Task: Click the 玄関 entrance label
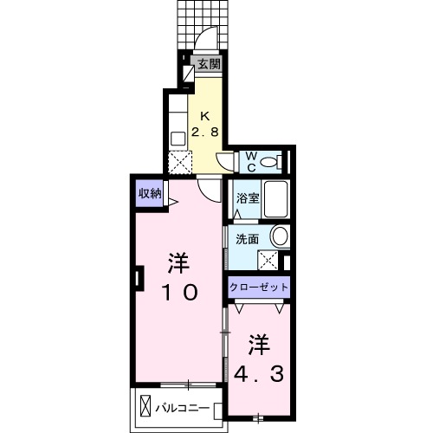[x=207, y=63]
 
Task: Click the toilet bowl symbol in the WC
[x=270, y=160]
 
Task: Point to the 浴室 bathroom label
[x=247, y=197]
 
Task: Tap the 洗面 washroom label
[x=247, y=238]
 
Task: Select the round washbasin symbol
[x=279, y=236]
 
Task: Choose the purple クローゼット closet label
[x=259, y=287]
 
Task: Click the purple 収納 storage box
[x=149, y=194]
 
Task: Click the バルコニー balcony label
[x=185, y=404]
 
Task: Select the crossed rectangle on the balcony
[x=145, y=404]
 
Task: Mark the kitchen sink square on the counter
[x=177, y=136]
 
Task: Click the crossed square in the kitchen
[x=178, y=161]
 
